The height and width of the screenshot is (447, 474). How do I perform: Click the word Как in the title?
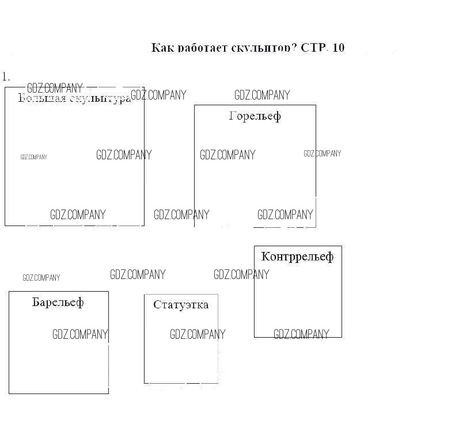coord(162,48)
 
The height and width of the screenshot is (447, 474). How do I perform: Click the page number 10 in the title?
coord(339,48)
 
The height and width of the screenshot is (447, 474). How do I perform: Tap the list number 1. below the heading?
coord(6,77)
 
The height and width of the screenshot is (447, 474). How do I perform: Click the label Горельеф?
coord(255,116)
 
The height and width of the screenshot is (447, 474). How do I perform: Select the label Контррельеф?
coord(297,257)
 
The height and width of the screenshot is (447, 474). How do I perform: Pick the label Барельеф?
coord(58,302)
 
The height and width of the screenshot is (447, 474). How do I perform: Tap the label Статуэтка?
coord(181,304)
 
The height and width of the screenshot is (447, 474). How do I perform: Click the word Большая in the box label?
coord(42,98)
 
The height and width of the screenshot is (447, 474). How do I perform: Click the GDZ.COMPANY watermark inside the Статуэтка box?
coord(198,334)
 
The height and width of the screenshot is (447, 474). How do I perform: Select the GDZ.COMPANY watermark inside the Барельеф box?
coord(80,334)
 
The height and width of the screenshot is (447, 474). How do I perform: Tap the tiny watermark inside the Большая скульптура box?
coord(34,157)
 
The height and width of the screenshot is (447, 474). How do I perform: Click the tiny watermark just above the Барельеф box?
coord(41,278)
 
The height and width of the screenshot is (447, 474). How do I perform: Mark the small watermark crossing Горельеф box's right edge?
coord(323,154)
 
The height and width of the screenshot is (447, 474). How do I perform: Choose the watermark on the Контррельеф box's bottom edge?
coord(301,334)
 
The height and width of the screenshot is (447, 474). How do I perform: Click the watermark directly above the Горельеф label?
coord(262,95)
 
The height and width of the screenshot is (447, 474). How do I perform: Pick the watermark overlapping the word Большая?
coord(55,88)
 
